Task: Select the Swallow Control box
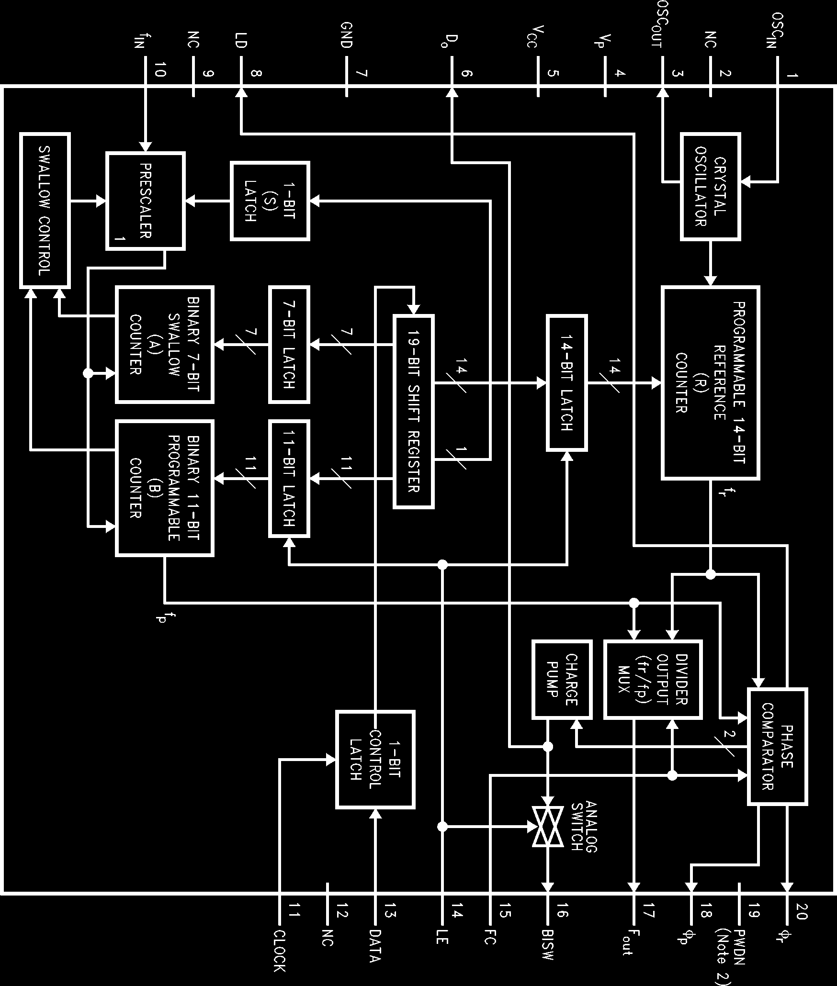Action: click(45, 210)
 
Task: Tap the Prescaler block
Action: click(145, 201)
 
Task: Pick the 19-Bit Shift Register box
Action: click(414, 411)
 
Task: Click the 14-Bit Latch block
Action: click(567, 382)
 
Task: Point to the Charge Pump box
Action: click(562, 679)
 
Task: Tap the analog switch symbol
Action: click(548, 826)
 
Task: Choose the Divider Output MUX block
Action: click(653, 680)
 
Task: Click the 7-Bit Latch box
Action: click(289, 344)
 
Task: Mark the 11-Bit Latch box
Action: click(289, 478)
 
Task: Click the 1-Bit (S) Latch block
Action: click(270, 201)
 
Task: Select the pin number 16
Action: click(562, 913)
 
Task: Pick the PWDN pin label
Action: click(739, 945)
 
